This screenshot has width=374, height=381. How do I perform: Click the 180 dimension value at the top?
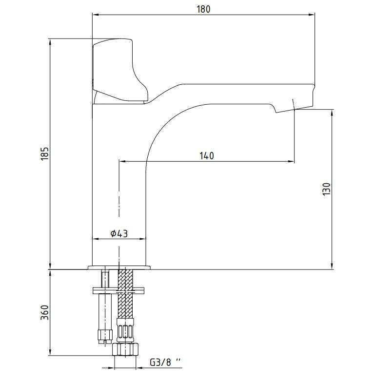pos(203,9)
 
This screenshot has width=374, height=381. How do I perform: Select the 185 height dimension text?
pos(45,153)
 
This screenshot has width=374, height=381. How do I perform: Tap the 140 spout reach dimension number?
pos(207,155)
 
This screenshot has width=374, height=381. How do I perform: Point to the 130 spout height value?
pos(327,189)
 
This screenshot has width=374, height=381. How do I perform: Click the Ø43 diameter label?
pos(119,233)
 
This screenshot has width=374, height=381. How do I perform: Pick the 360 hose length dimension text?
pos(45,312)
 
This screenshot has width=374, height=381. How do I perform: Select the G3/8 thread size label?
pos(165,362)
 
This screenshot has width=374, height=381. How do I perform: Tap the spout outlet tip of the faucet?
pos(294,109)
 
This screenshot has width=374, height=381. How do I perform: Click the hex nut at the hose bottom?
pos(125,349)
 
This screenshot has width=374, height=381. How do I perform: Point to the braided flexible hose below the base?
pos(125,293)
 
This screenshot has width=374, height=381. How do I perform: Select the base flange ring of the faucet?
pos(119,267)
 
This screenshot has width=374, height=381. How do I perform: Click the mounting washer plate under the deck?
pos(118,290)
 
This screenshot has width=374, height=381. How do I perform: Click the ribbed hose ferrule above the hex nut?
pos(125,330)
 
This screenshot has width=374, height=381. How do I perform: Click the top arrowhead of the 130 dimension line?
pos(332,113)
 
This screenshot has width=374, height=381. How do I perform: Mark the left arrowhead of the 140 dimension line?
pos(122,161)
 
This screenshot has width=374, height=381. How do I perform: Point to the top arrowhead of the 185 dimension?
pos(50,42)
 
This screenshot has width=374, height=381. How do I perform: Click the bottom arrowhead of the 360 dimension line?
pos(50,352)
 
